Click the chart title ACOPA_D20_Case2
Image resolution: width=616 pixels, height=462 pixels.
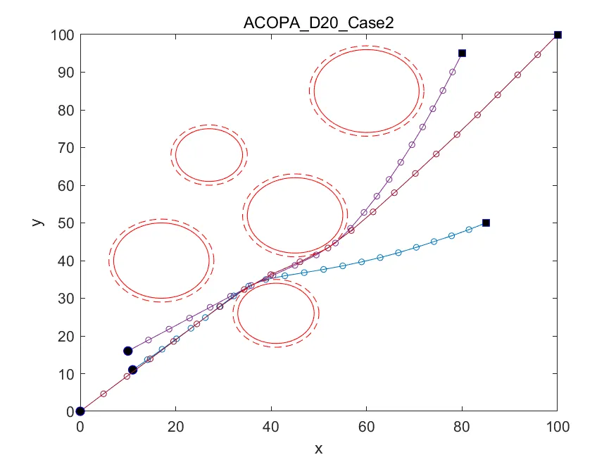coord(318,21)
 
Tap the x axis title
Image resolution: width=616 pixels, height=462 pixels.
coord(318,447)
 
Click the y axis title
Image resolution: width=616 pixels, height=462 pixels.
coord(38,223)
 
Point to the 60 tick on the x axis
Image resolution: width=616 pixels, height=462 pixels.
coord(366,411)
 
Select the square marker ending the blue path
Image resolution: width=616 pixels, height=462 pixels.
coord(486,223)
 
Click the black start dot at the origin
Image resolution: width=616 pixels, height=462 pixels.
coord(80,411)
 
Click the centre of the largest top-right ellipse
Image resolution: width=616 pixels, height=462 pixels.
coord(366,91)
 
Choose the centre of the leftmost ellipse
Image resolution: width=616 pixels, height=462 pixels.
coord(162,261)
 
